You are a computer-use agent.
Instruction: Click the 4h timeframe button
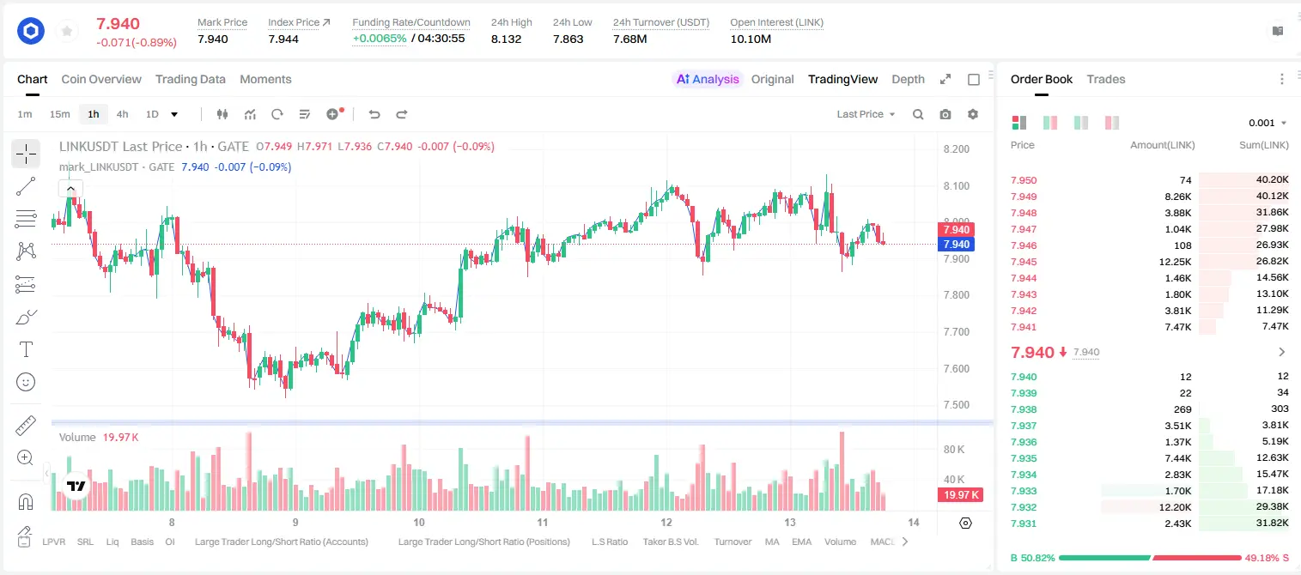122,114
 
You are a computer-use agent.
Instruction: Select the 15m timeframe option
60,114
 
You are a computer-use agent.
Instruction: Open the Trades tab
1106,79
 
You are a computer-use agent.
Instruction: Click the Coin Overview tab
101,79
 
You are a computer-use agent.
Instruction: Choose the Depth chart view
908,79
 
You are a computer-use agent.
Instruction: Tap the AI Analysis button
708,79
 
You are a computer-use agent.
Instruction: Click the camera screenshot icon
945,114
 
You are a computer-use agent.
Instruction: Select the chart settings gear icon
973,114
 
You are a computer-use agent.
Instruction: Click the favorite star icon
67,31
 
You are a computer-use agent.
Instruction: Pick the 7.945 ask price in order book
1024,262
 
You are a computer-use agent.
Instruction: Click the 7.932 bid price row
1024,507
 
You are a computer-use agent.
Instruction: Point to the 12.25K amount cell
1175,262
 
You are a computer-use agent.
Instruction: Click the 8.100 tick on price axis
957,185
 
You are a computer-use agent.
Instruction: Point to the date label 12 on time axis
666,522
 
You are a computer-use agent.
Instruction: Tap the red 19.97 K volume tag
961,495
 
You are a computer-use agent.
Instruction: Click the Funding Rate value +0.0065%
380,39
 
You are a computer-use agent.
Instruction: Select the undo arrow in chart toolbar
374,114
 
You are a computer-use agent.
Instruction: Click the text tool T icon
26,349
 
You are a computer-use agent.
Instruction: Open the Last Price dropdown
866,114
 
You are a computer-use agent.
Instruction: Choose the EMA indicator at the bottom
801,542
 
